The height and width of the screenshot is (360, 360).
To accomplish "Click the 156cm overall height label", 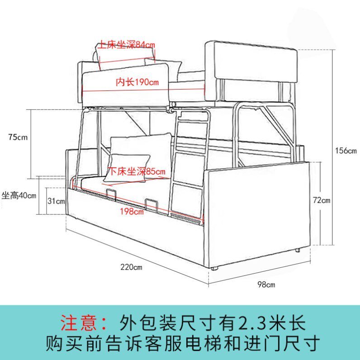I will click(346, 151).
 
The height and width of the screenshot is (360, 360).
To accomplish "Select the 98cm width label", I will click(266, 284).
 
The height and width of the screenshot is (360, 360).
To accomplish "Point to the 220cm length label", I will click(131, 267).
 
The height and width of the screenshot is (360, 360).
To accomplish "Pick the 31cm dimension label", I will click(56, 201).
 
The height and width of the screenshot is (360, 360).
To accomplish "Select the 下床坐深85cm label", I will click(137, 171).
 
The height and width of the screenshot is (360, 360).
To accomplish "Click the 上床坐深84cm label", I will click(127, 45).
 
